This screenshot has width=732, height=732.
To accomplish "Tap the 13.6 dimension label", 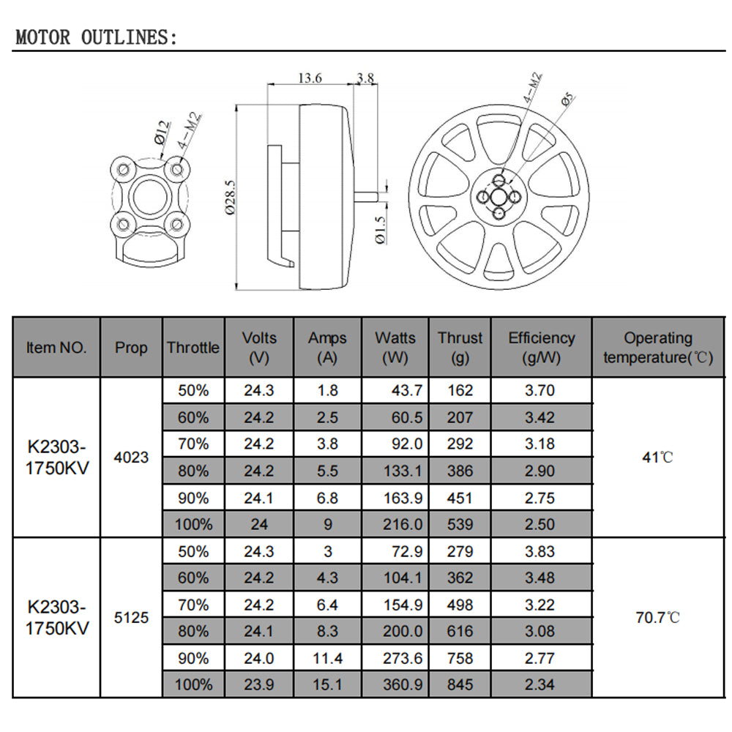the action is (310, 78).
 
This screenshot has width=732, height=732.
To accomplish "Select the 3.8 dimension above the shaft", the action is (365, 78).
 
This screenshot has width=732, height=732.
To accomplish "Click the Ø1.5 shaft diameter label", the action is (381, 230).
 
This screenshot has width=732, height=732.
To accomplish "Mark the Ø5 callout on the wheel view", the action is (567, 100).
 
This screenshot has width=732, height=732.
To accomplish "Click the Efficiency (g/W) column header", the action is (542, 347).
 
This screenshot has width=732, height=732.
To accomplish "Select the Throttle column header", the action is (193, 347).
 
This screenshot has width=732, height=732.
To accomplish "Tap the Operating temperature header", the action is (658, 347).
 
